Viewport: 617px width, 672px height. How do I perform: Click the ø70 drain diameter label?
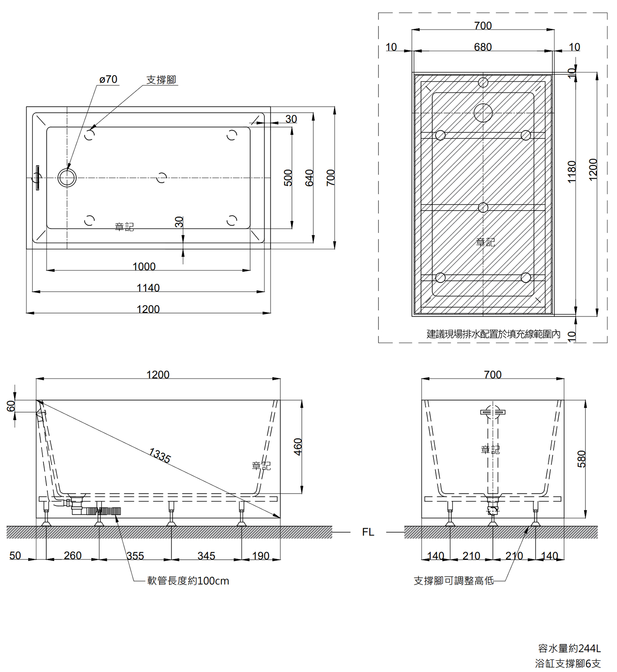coord(109,79)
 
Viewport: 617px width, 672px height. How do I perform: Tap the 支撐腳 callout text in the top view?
coord(161,80)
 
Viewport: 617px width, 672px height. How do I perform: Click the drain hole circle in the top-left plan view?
coord(67,178)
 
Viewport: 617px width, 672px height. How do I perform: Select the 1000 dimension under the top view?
coord(144,266)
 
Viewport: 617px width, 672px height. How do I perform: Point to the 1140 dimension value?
coord(148,288)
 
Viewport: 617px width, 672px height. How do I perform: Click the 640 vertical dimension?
coord(309,178)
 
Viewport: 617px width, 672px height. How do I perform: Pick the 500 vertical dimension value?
coord(288,178)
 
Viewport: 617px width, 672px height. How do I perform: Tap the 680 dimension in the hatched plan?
coord(482,47)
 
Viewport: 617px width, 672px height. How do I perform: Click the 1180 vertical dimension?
coord(572,171)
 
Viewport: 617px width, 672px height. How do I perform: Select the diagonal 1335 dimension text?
coord(160,455)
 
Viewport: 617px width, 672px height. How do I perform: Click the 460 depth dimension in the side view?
coord(298,447)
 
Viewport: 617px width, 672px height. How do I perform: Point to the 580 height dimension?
coord(581,459)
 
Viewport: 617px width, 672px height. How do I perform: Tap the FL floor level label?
coord(368,532)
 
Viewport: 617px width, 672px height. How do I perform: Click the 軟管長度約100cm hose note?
coord(188,581)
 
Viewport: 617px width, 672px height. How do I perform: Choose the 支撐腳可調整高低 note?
coord(453,581)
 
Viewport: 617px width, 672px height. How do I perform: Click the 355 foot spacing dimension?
coord(135,556)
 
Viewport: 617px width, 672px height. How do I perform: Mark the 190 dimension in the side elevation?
coord(261,556)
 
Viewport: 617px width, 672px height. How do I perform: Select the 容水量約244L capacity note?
coord(569,649)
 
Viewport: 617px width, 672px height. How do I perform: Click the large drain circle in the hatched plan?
coord(483,113)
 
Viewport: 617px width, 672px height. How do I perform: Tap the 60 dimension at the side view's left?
coord(11,406)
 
